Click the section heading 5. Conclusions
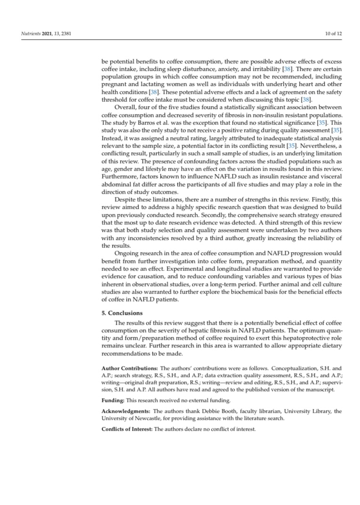coord(122,313)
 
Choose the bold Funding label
coord(114,400)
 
